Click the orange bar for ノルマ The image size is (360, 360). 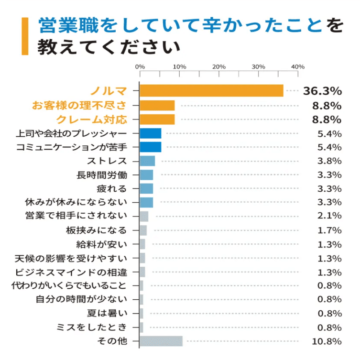[211, 91]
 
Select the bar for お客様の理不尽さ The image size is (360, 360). [157, 105]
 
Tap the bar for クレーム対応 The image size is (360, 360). [157, 119]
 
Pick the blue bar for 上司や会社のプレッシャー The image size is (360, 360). [151, 133]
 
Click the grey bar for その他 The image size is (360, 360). [161, 341]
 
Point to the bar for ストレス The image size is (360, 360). [147, 161]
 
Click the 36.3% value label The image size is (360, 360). [322, 91]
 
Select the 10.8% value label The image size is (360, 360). [327, 341]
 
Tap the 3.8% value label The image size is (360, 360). [329, 161]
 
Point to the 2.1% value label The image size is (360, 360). [329, 216]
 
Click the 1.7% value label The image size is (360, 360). [329, 230]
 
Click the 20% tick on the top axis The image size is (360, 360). [219, 66]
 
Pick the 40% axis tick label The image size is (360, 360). [297, 66]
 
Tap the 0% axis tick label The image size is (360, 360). [140, 66]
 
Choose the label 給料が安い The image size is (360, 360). [101, 244]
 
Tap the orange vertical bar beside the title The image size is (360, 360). [25, 36]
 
